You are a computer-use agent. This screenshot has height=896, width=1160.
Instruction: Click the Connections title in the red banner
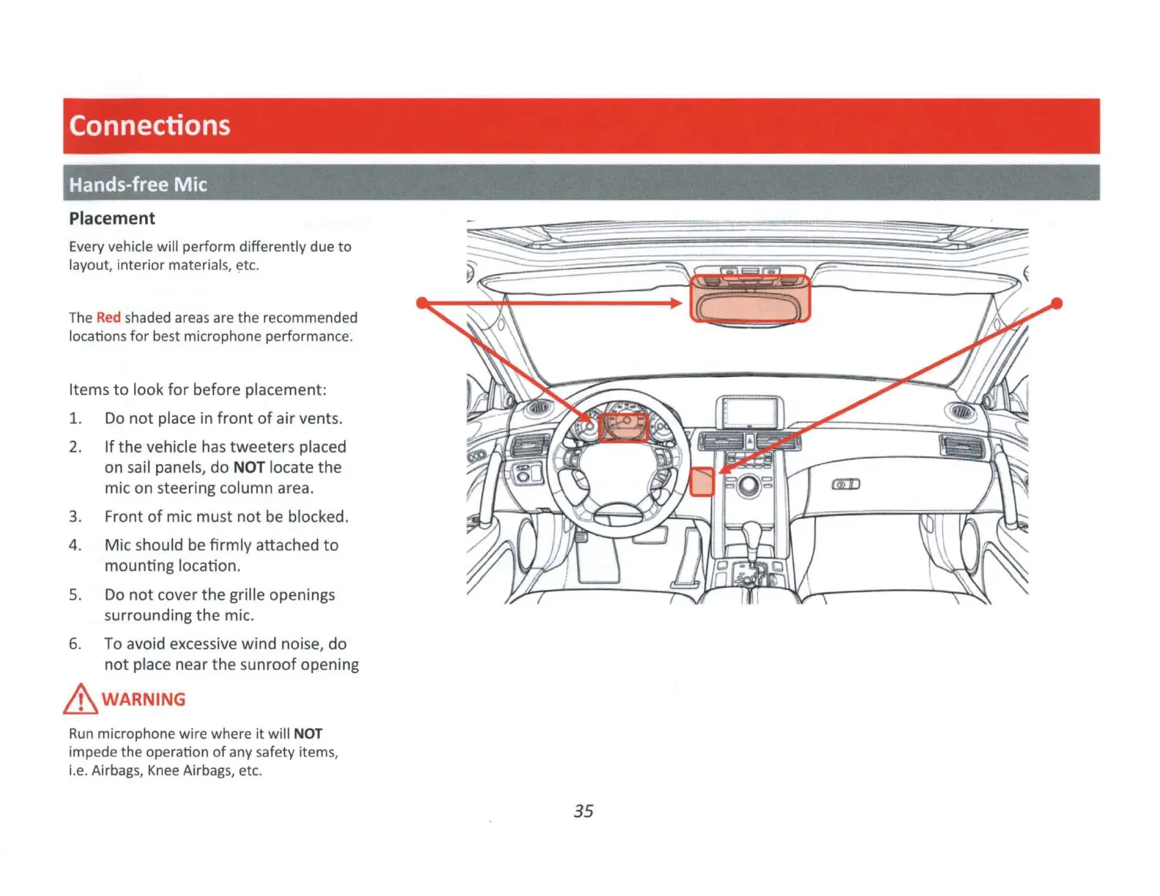(149, 125)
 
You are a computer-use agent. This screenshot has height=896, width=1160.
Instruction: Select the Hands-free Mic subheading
(138, 184)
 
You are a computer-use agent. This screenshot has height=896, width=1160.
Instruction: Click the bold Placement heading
(112, 218)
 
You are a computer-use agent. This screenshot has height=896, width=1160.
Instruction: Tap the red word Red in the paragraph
(108, 318)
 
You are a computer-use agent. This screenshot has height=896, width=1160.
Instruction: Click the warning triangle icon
(80, 699)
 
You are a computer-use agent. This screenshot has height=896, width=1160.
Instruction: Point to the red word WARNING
(144, 699)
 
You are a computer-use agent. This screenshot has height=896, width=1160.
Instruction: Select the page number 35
(583, 811)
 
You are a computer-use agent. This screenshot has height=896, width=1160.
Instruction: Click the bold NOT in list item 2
(249, 467)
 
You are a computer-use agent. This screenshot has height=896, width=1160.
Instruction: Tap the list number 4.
(74, 545)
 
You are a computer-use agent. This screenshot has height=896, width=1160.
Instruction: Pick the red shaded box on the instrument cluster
(624, 428)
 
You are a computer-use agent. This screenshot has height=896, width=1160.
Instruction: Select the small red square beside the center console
(702, 482)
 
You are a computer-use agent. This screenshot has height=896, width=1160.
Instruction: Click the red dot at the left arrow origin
(422, 302)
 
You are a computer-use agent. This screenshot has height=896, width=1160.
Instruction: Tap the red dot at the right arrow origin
(1056, 303)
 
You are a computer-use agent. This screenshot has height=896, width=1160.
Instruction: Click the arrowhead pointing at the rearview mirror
(677, 302)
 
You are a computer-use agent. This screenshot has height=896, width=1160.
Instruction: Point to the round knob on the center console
(748, 485)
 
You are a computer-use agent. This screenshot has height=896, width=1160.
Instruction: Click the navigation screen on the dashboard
(749, 412)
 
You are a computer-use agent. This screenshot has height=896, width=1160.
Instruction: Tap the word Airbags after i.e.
(116, 770)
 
